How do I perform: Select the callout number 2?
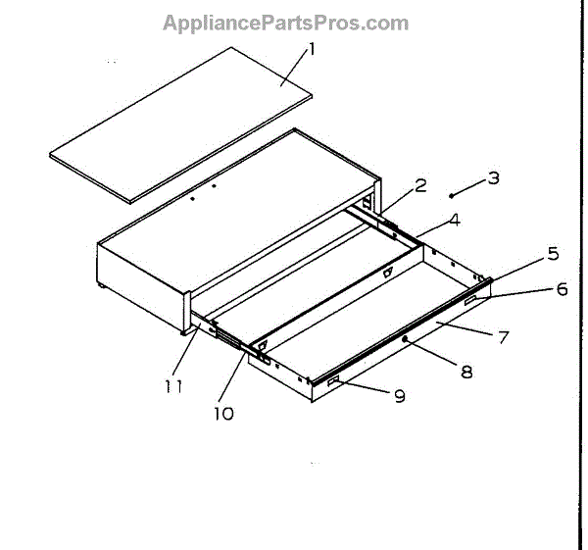[420, 185]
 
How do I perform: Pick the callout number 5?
[553, 253]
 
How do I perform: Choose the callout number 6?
[562, 289]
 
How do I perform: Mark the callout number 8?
[465, 372]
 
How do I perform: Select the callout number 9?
[399, 396]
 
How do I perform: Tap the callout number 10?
[224, 414]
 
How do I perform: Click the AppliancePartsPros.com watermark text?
[285, 23]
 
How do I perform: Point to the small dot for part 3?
[451, 193]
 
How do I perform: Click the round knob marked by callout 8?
[404, 338]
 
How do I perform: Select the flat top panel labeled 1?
[181, 123]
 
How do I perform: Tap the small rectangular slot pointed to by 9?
[334, 380]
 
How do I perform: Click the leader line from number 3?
[470, 185]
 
